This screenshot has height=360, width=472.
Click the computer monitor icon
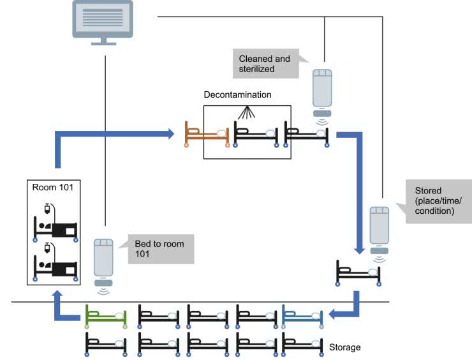(x=103, y=20)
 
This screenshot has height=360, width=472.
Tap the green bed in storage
(x=106, y=316)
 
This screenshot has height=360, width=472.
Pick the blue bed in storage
(x=304, y=315)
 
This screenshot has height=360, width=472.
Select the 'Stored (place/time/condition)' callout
(x=437, y=200)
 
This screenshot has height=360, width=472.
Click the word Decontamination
(x=237, y=94)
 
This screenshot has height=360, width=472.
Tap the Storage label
(x=345, y=347)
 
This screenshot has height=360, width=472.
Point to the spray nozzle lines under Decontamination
(x=247, y=113)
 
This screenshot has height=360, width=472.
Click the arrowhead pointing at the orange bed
(x=171, y=134)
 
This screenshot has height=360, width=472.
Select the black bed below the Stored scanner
(x=358, y=272)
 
